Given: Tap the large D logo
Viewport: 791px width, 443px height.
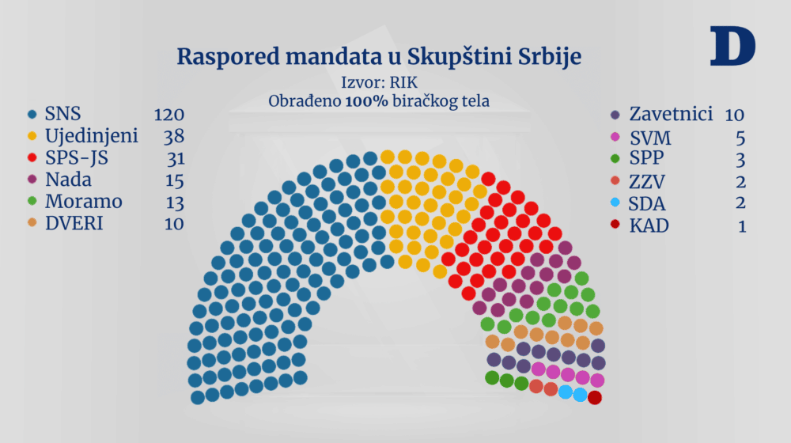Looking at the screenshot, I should tap(732, 46).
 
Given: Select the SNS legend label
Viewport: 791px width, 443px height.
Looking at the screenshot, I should tap(62, 114).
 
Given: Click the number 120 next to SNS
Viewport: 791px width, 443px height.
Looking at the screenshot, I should tap(168, 114).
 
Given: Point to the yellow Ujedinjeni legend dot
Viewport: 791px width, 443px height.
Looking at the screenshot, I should tap(32, 136).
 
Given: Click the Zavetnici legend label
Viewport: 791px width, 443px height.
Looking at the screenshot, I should tap(672, 114).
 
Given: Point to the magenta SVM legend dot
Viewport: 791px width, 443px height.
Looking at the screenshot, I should tap(616, 138).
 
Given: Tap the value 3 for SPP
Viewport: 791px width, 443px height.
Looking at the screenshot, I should tap(740, 159).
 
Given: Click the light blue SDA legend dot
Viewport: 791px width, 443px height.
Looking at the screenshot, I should tap(616, 203).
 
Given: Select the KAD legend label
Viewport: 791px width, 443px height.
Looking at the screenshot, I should tap(649, 225).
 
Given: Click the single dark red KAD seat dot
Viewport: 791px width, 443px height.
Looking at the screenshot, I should tap(595, 397).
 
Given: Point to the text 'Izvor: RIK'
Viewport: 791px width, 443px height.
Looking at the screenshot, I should tap(378, 81).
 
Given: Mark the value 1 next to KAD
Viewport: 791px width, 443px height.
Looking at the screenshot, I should tap(741, 225).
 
